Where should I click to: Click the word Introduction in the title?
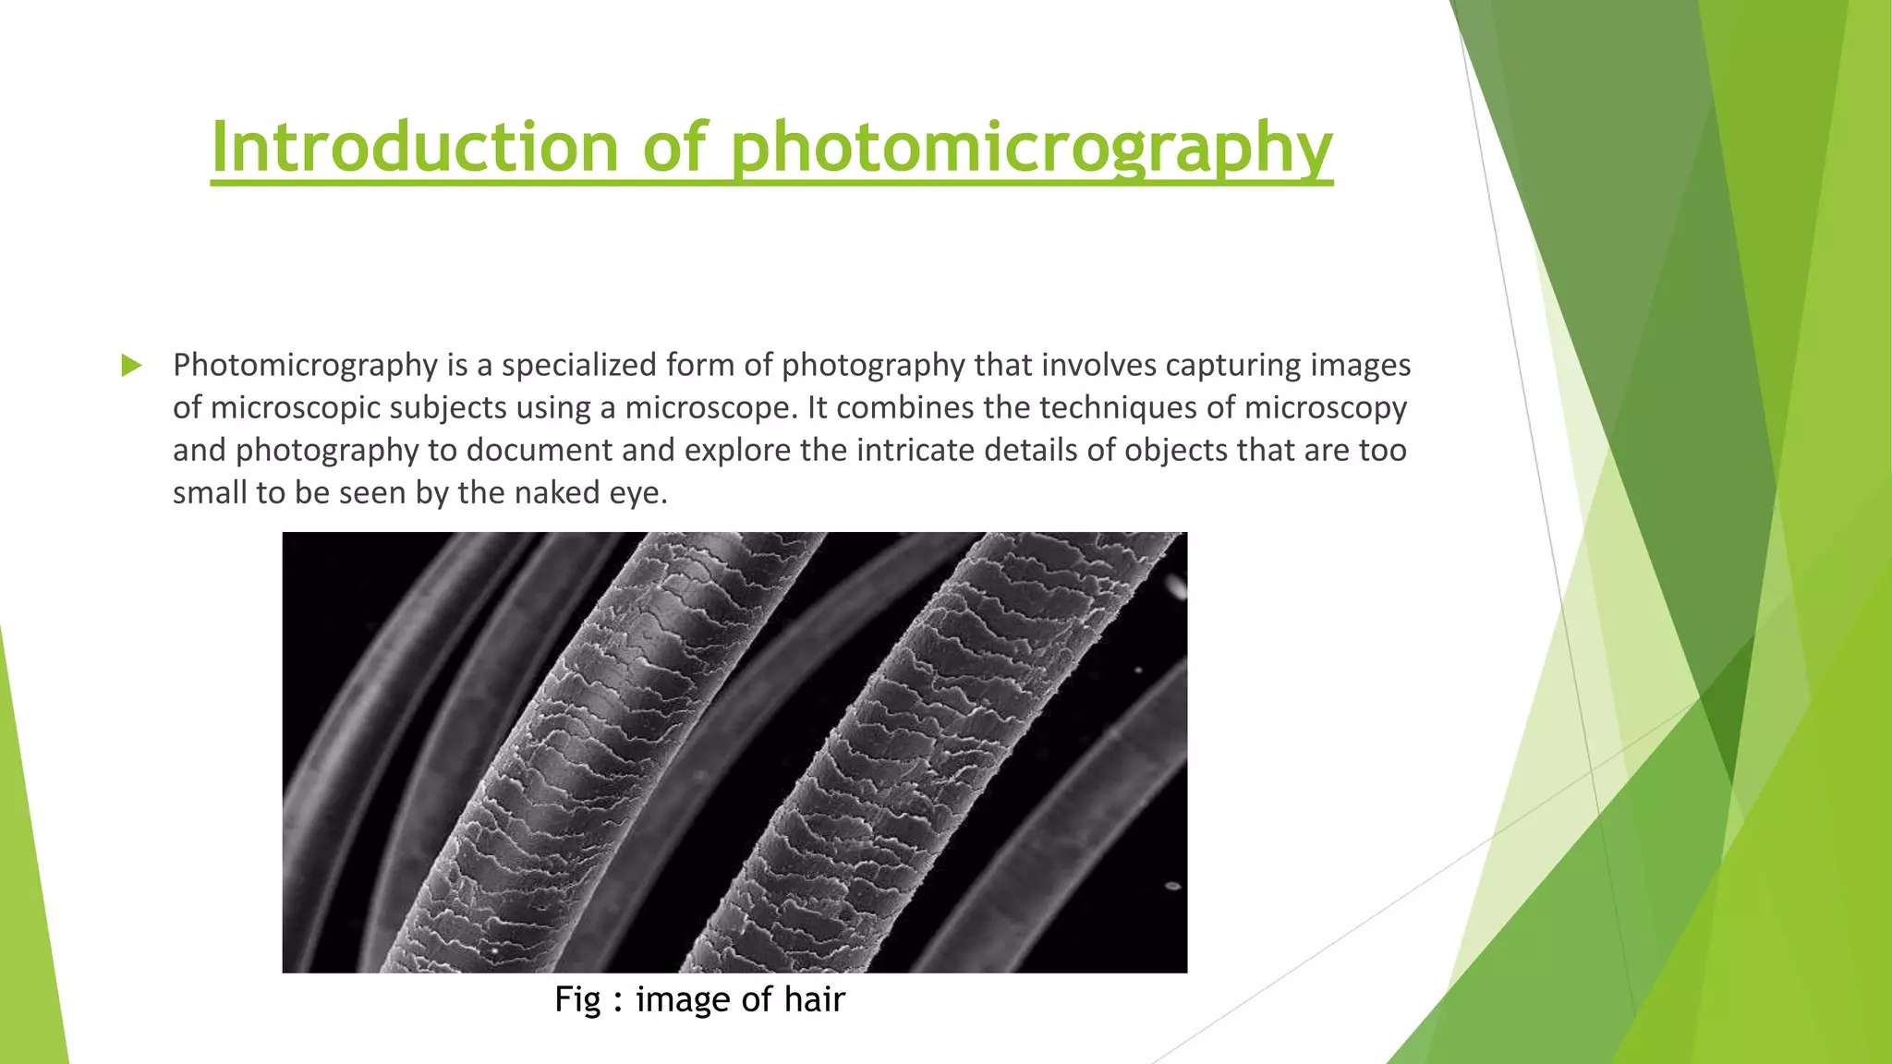(415, 147)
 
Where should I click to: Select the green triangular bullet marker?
(131, 366)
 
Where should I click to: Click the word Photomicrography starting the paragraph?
(305, 366)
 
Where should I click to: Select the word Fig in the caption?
(577, 1000)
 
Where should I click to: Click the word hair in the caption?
(814, 999)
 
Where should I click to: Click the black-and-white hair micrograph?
(734, 752)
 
